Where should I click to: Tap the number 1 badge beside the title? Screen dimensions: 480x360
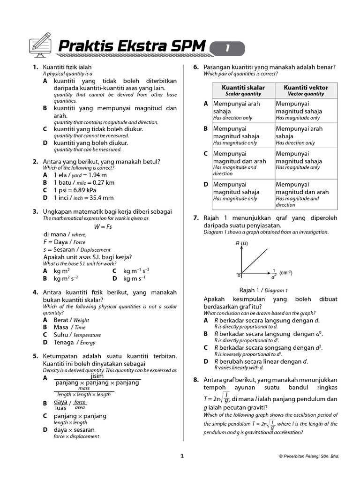pos(227,48)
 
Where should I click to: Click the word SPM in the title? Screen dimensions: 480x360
pos(186,46)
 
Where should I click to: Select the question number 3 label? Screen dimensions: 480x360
pos(35,212)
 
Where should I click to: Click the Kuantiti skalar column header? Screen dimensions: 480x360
pos(243,90)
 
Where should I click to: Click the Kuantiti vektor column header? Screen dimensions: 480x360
pos(306,90)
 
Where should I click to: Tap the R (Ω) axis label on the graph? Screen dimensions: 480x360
pos(241,243)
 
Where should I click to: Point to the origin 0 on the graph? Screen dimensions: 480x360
pos(238,275)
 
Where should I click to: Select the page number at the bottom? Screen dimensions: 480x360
pos(182,456)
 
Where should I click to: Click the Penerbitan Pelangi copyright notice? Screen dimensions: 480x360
pos(308,456)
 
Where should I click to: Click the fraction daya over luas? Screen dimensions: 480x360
pos(60,404)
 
